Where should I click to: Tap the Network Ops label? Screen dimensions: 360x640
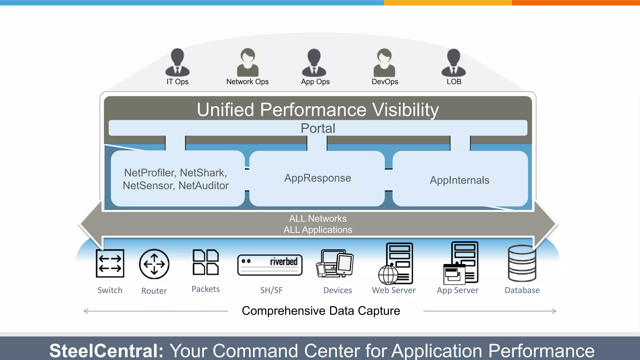pyautogui.click(x=247, y=82)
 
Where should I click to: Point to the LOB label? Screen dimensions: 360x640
pyautogui.click(x=454, y=82)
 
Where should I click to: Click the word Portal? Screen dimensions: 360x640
pyautogui.click(x=318, y=128)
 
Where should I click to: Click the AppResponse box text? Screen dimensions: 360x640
pyautogui.click(x=317, y=178)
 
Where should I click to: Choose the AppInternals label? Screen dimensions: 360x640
pyautogui.click(x=459, y=180)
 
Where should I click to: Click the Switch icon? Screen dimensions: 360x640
pyautogui.click(x=110, y=263)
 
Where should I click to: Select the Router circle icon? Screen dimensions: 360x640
pyautogui.click(x=154, y=264)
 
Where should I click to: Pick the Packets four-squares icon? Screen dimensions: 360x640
pyautogui.click(x=206, y=262)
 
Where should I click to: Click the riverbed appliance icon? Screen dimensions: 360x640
pyautogui.click(x=270, y=265)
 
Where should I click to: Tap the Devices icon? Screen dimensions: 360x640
pyautogui.click(x=335, y=263)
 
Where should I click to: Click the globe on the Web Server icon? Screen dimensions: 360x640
pyautogui.click(x=388, y=275)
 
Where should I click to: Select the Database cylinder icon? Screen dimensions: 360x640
pyautogui.click(x=522, y=263)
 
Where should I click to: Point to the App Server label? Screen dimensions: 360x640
pyautogui.click(x=457, y=290)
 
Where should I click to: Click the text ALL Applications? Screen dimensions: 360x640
pyautogui.click(x=318, y=230)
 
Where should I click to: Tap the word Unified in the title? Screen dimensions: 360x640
pyautogui.click(x=225, y=110)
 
